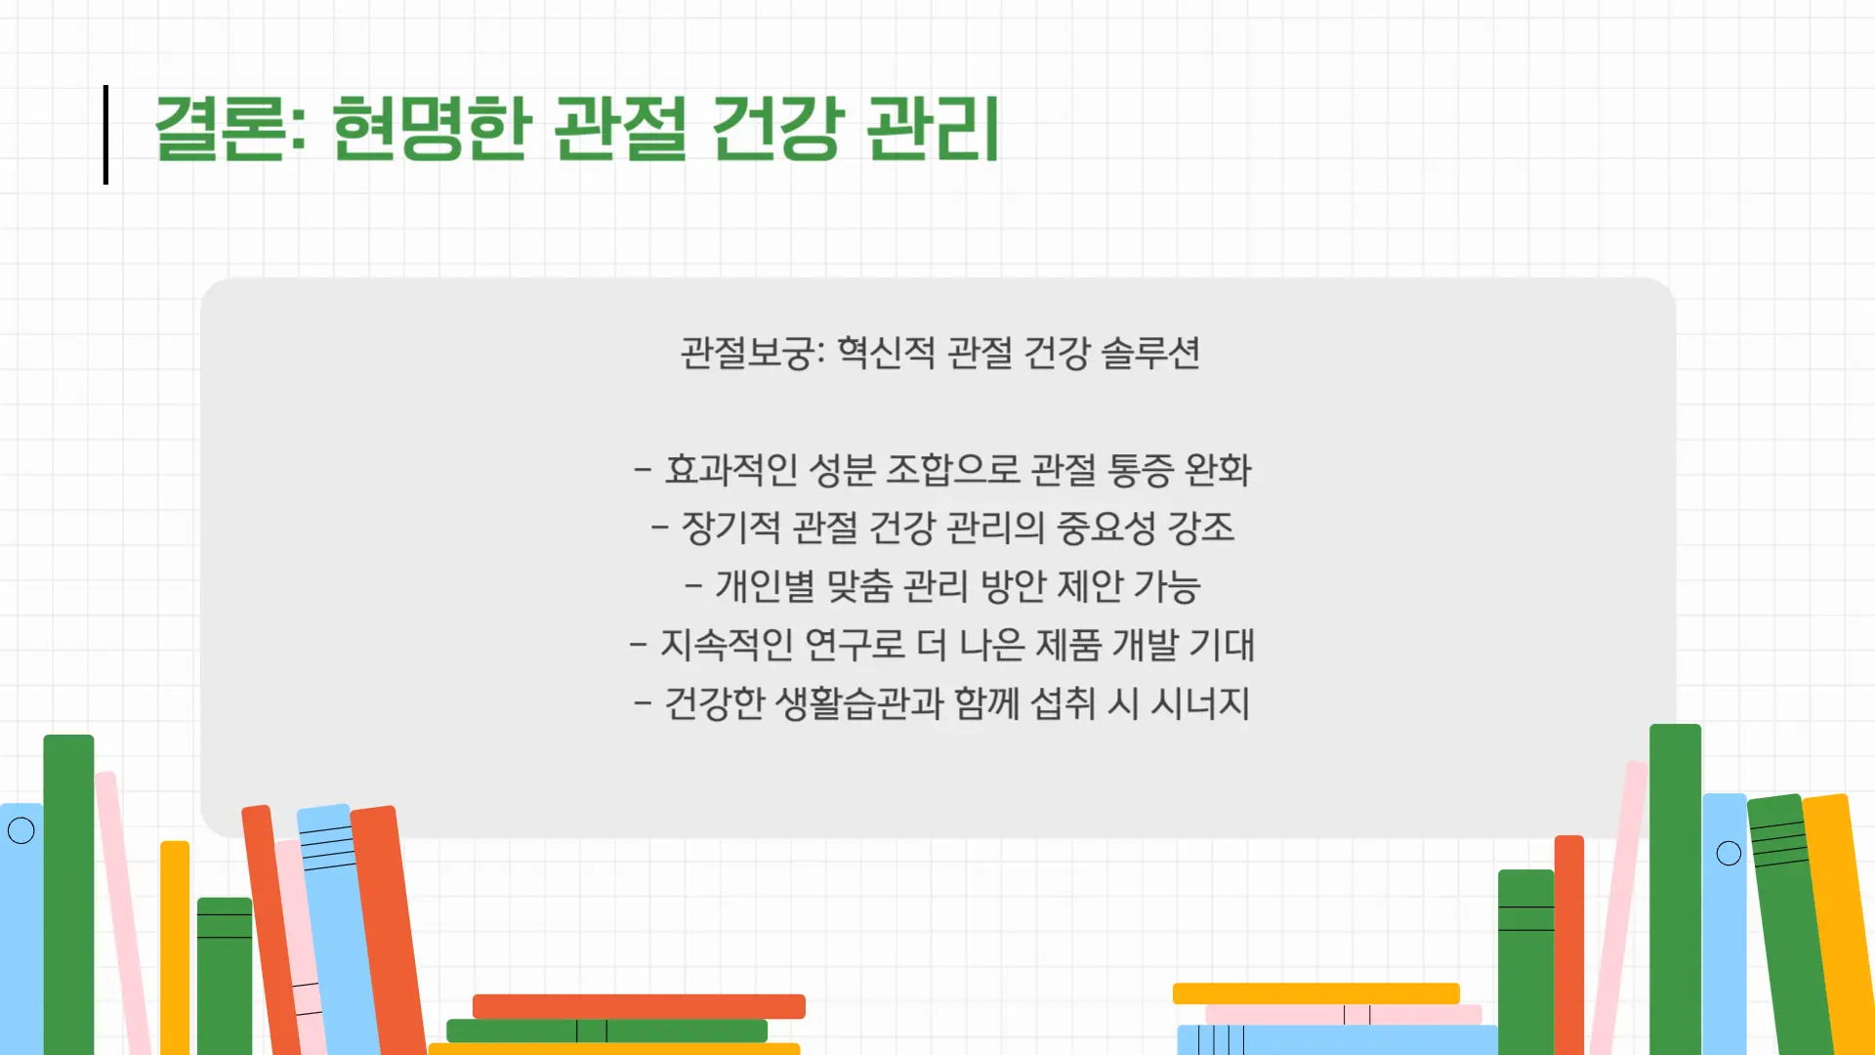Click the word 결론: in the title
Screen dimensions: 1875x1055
coord(230,128)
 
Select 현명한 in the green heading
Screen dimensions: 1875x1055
coord(432,128)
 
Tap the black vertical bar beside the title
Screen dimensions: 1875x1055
coord(105,135)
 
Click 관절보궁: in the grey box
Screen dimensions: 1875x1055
coord(753,353)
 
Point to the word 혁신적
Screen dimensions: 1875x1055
coord(886,353)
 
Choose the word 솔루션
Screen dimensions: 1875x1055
coord(1150,353)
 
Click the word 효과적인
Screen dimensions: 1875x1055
coord(731,470)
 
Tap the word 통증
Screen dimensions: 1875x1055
coord(1140,470)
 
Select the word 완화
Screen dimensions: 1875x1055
coord(1218,470)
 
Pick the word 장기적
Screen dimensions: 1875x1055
coord(730,527)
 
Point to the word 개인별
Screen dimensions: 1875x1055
coord(765,586)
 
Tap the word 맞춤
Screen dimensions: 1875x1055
coord(859,586)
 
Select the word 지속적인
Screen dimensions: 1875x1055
coord(727,645)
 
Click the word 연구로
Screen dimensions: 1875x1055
coord(855,645)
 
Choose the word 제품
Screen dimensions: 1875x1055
coord(1068,645)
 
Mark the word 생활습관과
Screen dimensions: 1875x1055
coord(859,703)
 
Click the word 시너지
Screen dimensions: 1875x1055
coord(1200,703)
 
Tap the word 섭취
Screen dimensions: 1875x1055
coord(1063,703)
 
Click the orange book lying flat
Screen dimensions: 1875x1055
coord(639,1006)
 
